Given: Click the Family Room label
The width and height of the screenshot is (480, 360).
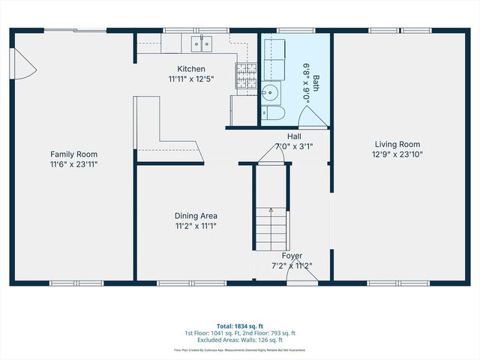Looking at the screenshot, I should click(x=73, y=154).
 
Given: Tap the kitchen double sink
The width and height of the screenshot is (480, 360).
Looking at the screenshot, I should click(x=201, y=44).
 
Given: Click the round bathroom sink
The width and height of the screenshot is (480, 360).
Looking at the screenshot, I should click(x=270, y=94).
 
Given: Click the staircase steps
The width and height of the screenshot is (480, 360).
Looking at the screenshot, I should click(x=271, y=229).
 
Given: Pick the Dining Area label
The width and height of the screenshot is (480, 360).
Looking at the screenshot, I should click(x=196, y=215).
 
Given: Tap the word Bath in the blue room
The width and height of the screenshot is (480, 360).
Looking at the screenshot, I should click(x=316, y=82).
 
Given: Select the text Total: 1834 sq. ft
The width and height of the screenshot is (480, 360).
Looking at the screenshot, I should click(x=241, y=326).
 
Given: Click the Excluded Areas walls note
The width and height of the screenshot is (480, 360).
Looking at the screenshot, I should click(x=241, y=339).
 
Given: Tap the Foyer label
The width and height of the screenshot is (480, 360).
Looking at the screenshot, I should click(x=292, y=256).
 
